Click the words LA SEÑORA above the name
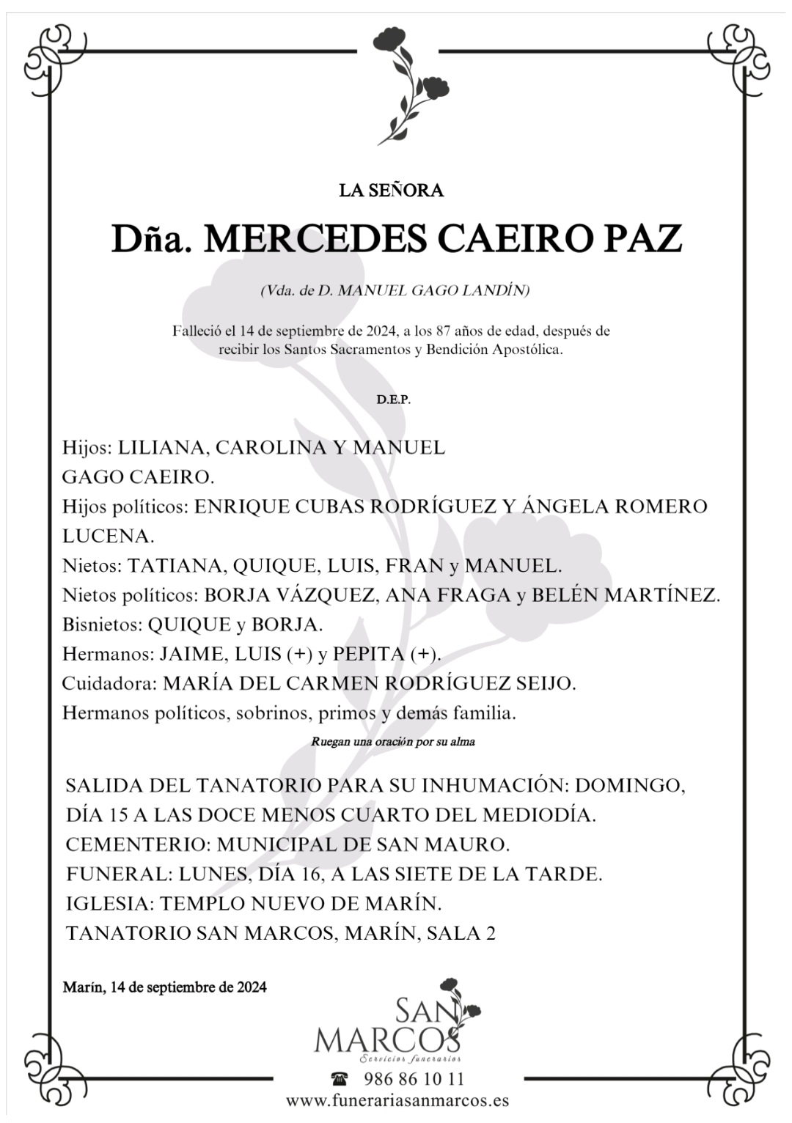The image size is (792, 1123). (391, 191)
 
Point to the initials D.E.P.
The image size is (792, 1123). (394, 400)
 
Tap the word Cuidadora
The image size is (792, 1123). (109, 684)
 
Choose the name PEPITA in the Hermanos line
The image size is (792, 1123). (368, 654)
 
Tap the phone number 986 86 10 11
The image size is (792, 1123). (414, 1079)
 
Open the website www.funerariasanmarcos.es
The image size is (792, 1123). (397, 1100)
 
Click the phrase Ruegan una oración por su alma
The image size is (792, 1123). (393, 742)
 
